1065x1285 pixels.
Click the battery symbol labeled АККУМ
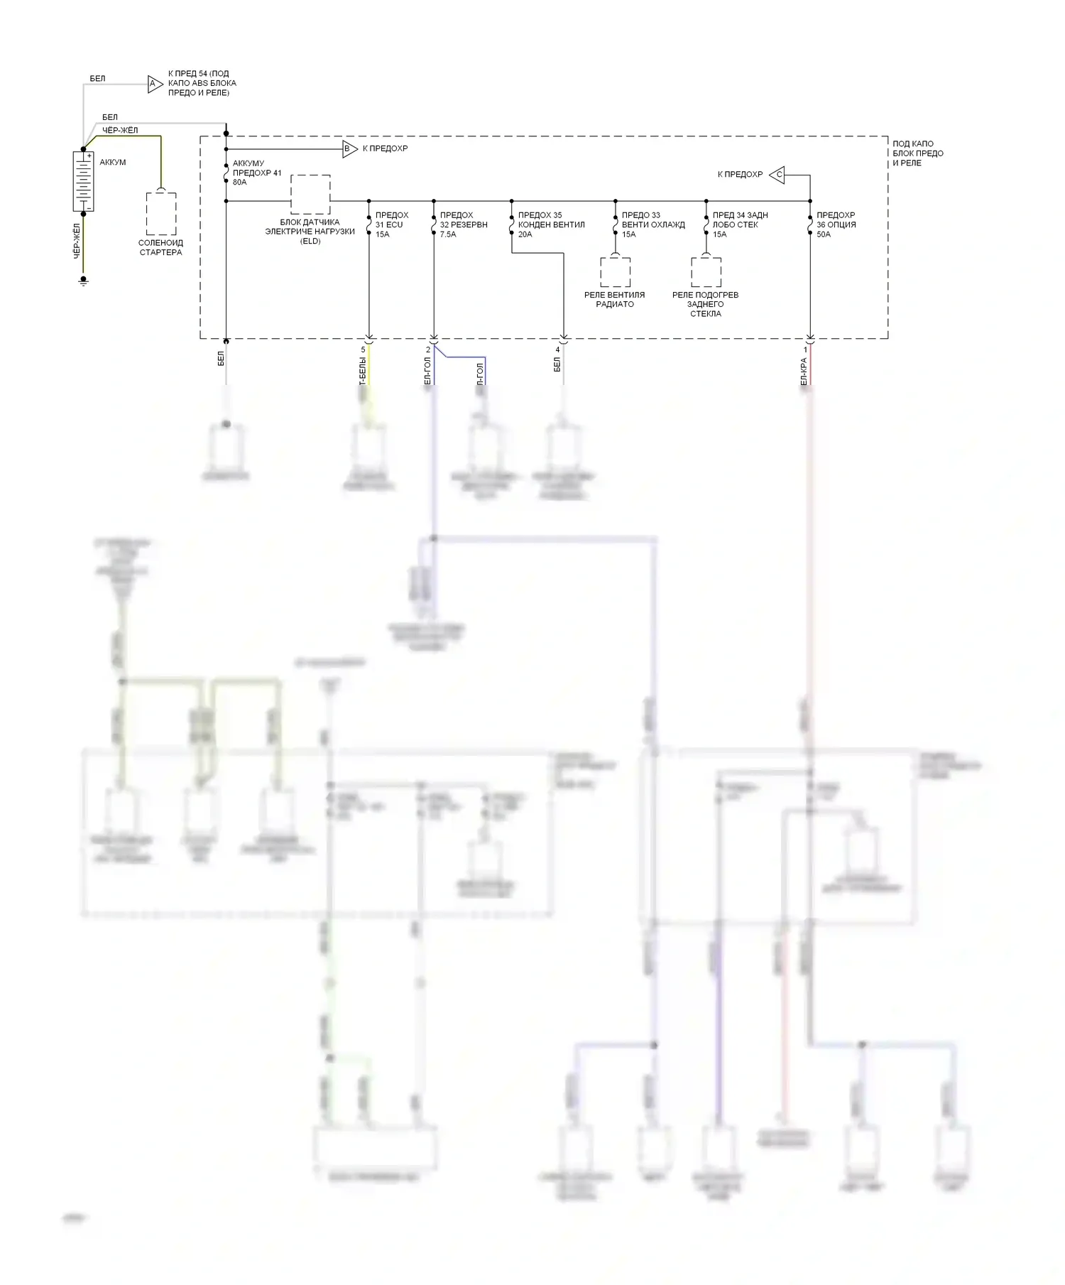[83, 181]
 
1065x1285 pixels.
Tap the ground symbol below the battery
[83, 282]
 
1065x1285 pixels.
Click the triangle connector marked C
[777, 174]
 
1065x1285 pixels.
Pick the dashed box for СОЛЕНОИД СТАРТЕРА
[161, 213]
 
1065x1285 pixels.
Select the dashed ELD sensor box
[310, 194]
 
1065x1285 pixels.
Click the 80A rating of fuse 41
[240, 183]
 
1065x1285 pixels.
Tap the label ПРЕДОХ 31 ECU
[391, 219]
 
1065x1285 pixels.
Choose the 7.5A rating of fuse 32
[448, 234]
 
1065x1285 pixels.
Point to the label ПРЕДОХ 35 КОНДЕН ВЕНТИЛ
[551, 219]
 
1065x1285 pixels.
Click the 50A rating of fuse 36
[824, 234]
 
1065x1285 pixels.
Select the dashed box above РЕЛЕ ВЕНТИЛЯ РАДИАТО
[615, 272]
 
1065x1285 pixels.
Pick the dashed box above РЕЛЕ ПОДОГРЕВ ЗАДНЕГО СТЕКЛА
[706, 272]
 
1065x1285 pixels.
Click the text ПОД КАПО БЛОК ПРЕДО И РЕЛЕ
[918, 153]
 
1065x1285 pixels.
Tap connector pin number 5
[364, 349]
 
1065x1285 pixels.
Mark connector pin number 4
[557, 349]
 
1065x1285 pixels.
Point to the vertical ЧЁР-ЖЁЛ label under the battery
[77, 241]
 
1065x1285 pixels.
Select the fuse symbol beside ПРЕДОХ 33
[616, 224]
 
